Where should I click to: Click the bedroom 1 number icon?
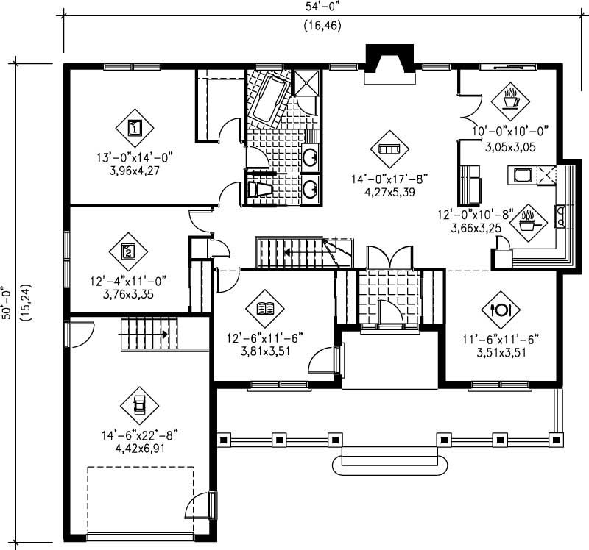[x=135, y=128]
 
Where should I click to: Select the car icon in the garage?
[x=138, y=404]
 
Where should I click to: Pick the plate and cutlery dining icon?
[x=501, y=309]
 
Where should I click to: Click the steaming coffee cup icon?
[x=509, y=99]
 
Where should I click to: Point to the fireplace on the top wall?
[x=391, y=59]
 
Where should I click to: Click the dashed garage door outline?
[x=140, y=500]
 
